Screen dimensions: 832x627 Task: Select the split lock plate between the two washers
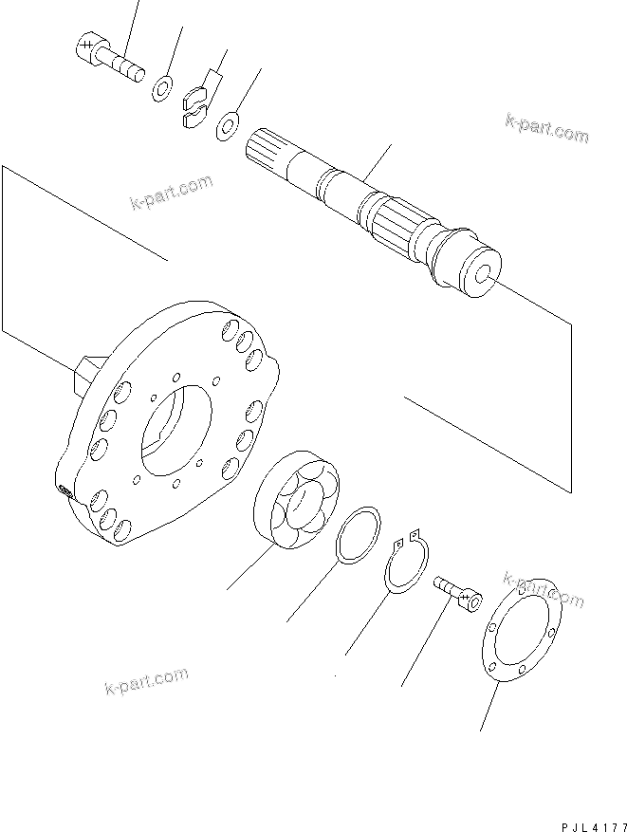[194, 104]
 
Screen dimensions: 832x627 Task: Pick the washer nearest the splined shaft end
[229, 124]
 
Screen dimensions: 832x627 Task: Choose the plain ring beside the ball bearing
[359, 537]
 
